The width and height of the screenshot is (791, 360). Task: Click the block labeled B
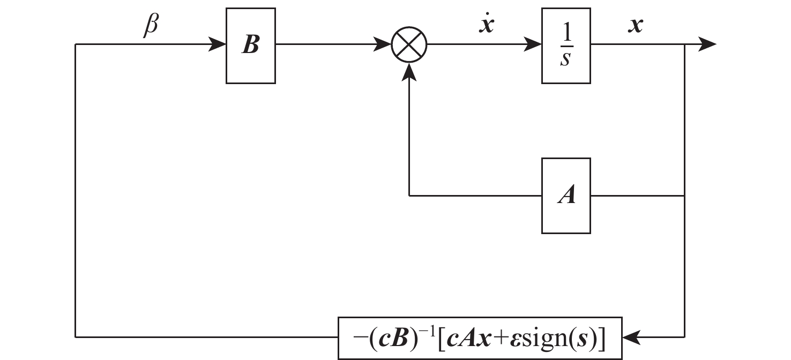pyautogui.click(x=250, y=46)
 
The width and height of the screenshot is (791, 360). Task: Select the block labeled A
pyautogui.click(x=566, y=196)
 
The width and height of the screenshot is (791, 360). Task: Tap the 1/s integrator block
pyautogui.click(x=566, y=46)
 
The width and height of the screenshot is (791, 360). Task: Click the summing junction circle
pyautogui.click(x=409, y=45)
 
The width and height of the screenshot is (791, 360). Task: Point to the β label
pyautogui.click(x=151, y=26)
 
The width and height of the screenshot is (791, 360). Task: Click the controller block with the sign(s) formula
pyautogui.click(x=480, y=338)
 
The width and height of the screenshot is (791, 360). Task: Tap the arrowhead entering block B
pyautogui.click(x=218, y=45)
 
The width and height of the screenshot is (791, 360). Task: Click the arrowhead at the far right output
pyautogui.click(x=707, y=45)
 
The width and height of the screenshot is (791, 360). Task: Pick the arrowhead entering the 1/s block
pyautogui.click(x=533, y=45)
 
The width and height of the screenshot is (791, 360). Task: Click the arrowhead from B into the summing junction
pyautogui.click(x=384, y=45)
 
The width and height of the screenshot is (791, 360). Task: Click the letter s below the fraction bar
pyautogui.click(x=565, y=59)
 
